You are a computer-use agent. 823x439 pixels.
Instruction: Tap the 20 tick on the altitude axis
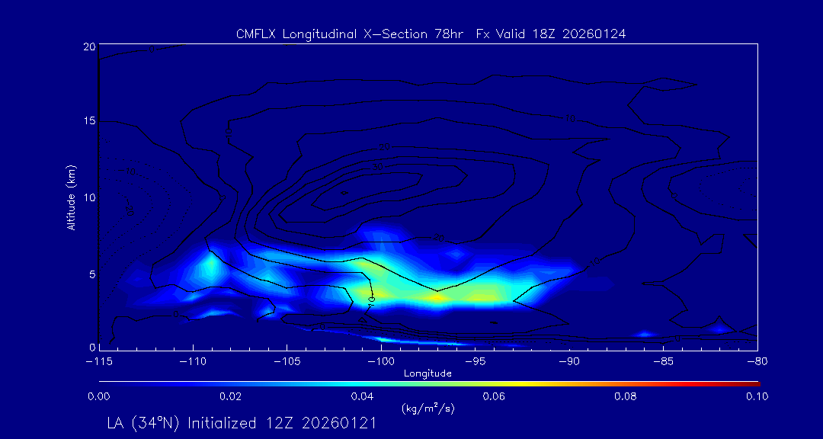[x=88, y=46]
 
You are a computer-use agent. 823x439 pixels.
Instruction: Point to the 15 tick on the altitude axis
[x=88, y=122]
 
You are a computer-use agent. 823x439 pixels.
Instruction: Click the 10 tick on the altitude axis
[x=88, y=197]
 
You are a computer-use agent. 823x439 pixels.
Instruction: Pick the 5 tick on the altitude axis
[x=91, y=273]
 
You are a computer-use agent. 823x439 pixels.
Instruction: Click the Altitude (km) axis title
[x=71, y=197]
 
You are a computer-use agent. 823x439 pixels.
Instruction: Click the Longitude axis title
[x=428, y=373]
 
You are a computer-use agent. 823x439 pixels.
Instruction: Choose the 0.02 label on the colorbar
[x=230, y=396]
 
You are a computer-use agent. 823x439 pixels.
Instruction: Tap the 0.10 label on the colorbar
[x=757, y=396]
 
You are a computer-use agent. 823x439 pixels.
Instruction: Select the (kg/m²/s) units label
[x=428, y=409]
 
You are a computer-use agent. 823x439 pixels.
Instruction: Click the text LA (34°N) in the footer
[x=143, y=424]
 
